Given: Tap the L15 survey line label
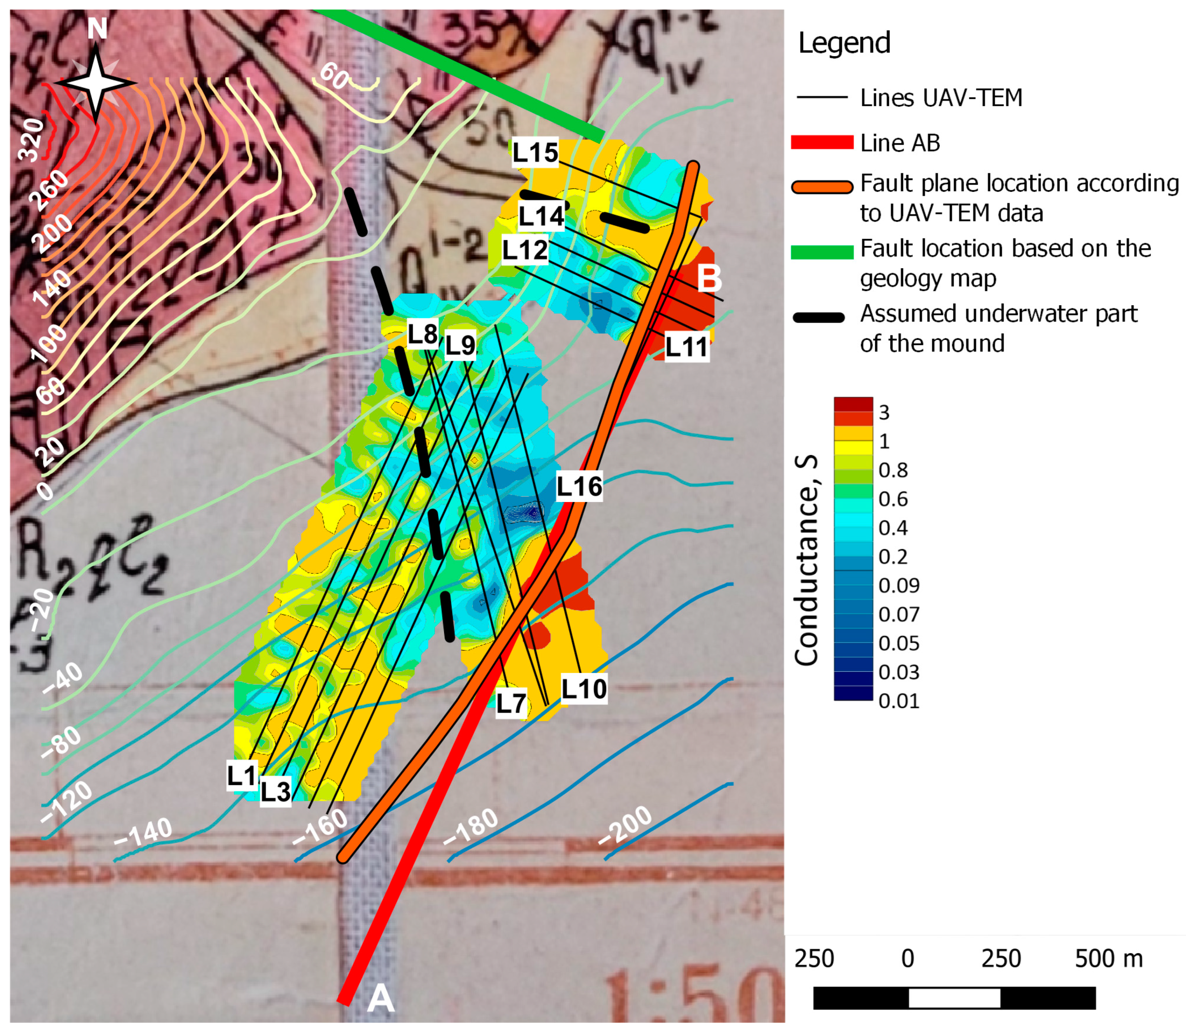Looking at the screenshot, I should [x=535, y=153].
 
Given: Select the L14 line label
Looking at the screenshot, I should [x=541, y=216].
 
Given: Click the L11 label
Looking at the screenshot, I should [x=686, y=347].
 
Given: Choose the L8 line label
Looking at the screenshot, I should [x=422, y=334].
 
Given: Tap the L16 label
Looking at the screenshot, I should [x=579, y=486].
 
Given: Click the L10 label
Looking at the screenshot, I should [x=584, y=689].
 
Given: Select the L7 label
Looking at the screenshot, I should [x=511, y=703].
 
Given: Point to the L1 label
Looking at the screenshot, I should [x=242, y=776].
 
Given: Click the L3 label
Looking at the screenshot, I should [x=275, y=791].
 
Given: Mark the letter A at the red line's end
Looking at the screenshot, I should [x=381, y=998].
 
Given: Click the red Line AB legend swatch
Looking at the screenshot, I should [x=821, y=143].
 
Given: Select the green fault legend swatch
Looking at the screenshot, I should [x=821, y=252].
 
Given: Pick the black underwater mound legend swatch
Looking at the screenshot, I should [x=819, y=317].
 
